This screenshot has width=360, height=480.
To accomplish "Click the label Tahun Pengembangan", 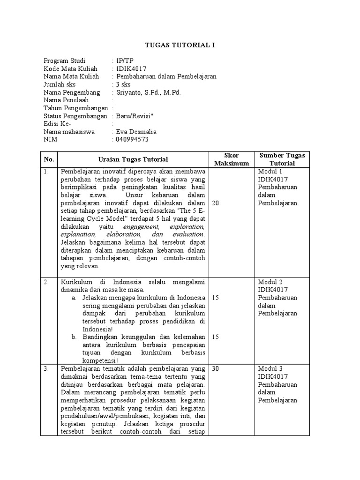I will [75, 108].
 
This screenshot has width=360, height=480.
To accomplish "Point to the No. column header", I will [49, 159].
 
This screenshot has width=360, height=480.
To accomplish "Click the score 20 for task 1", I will [216, 203].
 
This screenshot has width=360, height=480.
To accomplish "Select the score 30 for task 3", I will [216, 369].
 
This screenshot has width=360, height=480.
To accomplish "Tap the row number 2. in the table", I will [46, 282].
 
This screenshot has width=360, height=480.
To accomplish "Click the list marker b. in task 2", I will [75, 337].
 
